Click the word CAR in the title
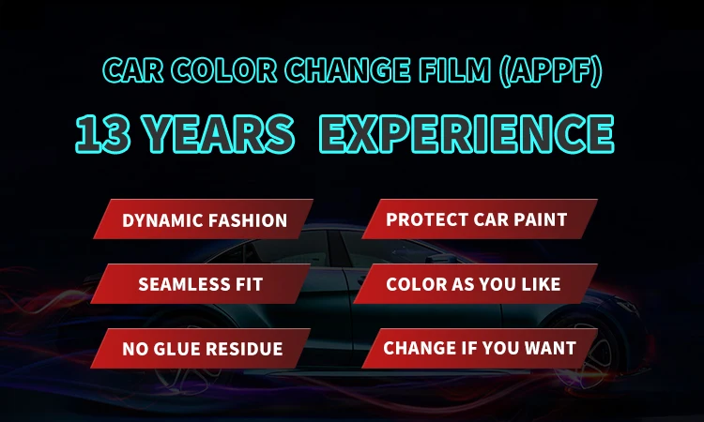pyautogui.click(x=133, y=71)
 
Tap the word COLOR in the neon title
pyautogui.click(x=224, y=71)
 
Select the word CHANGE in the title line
pyautogui.click(x=348, y=71)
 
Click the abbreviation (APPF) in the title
pyautogui.click(x=550, y=71)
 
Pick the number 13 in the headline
pyautogui.click(x=103, y=134)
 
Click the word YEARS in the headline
pyautogui.click(x=219, y=134)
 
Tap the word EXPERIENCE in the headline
pyautogui.click(x=467, y=134)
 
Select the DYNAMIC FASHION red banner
pyautogui.click(x=203, y=219)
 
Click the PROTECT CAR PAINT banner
pyautogui.click(x=480, y=219)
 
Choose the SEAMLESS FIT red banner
pyautogui.click(x=200, y=283)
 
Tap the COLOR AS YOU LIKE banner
pyautogui.click(x=476, y=283)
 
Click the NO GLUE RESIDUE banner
pyautogui.click(x=200, y=348)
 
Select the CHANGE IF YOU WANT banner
pyautogui.click(x=480, y=348)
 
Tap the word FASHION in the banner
pyautogui.click(x=248, y=220)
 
